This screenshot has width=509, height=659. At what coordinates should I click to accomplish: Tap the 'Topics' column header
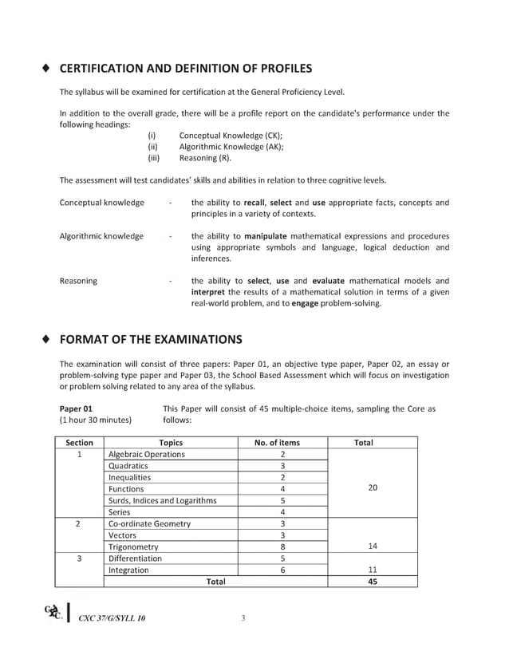(x=171, y=443)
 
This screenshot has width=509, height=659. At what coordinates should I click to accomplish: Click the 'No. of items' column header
(x=277, y=443)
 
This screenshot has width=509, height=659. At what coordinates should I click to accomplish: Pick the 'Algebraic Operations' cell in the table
(x=147, y=454)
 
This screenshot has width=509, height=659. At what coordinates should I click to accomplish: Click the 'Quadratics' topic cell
(x=128, y=466)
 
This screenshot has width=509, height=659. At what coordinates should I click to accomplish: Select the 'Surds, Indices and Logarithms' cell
(x=162, y=500)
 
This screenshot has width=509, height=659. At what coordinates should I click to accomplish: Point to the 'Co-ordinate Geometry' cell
(x=150, y=523)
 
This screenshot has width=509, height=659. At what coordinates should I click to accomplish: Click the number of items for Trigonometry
(x=282, y=547)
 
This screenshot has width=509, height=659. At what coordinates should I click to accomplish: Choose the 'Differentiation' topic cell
(x=135, y=558)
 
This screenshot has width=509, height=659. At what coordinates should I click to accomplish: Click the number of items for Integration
(x=282, y=570)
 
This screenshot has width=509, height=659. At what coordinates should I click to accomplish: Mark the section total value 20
(x=372, y=488)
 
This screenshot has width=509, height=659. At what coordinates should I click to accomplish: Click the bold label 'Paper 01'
(x=77, y=409)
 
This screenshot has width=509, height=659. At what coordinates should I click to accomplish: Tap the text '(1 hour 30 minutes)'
(x=96, y=420)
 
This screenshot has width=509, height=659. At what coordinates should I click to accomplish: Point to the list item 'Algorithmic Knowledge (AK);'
(x=231, y=147)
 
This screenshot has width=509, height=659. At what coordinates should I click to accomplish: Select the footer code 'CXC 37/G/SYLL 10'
(x=112, y=618)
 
